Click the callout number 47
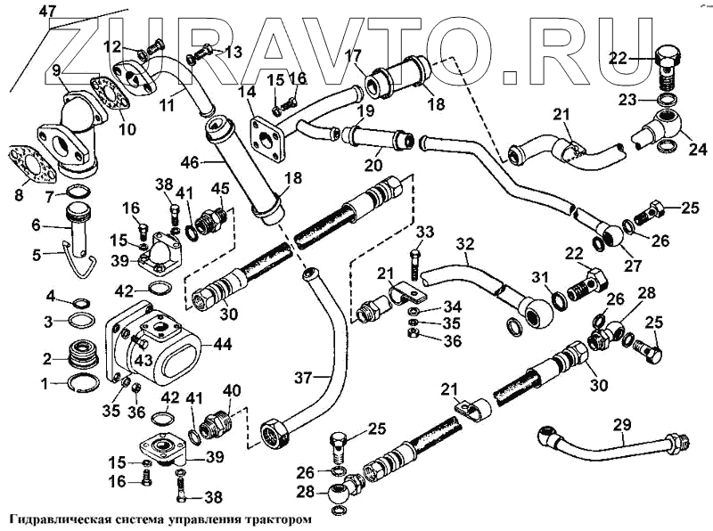[47, 12]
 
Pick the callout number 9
[55, 69]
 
